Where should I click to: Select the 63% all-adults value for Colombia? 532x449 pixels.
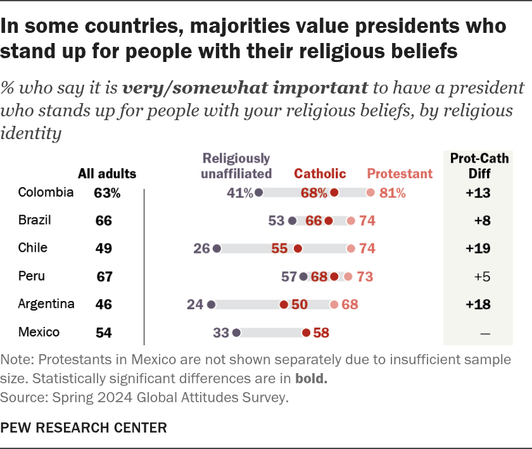(107, 193)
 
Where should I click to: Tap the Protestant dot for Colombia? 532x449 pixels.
(370, 193)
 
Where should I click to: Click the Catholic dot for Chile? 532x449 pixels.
(297, 249)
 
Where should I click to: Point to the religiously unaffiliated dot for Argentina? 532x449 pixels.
(211, 305)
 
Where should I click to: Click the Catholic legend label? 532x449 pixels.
(320, 173)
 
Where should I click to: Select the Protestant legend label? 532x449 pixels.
(400, 173)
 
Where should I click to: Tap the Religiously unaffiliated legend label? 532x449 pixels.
(236, 166)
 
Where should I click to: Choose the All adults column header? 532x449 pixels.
(107, 173)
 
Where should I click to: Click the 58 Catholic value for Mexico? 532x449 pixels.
(320, 333)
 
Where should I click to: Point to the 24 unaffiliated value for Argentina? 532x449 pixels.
(194, 305)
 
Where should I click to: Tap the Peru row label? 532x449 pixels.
(31, 276)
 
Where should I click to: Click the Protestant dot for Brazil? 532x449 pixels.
(350, 221)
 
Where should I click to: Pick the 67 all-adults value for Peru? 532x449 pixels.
(103, 276)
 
